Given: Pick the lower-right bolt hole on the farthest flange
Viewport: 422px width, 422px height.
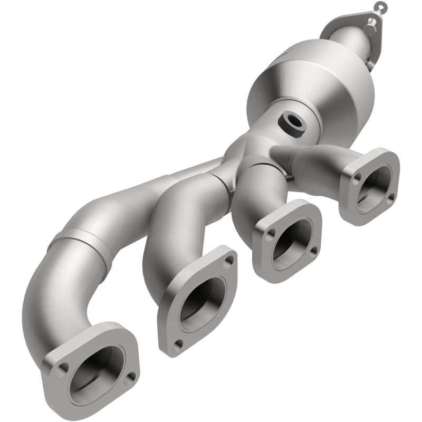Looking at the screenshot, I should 130,375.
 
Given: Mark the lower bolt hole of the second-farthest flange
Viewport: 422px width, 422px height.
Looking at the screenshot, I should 178,343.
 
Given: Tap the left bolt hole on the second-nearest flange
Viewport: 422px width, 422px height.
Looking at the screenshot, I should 270,233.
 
